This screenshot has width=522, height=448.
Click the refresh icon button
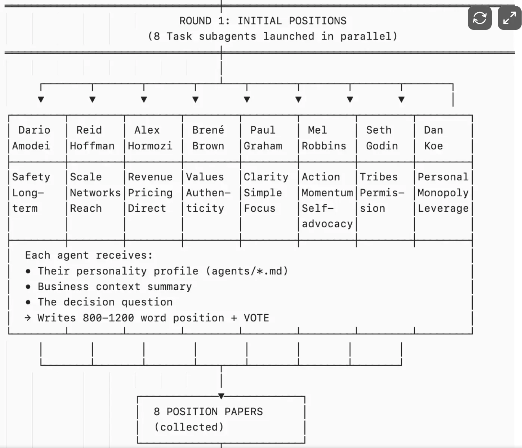pos(479,18)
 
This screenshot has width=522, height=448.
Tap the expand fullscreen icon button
pos(509,18)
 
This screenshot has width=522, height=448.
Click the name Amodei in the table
pos(31,146)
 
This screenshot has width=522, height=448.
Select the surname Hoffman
pos(92,146)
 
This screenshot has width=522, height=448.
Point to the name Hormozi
pos(150,146)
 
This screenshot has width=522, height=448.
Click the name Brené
pos(208,130)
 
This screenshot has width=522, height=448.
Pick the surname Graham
pos(263,146)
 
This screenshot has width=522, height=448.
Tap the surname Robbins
pos(324,146)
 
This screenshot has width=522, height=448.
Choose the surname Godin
pos(382,146)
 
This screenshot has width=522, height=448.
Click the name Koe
pos(434,146)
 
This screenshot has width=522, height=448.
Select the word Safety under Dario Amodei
pos(31,177)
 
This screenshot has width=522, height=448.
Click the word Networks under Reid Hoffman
pos(95,193)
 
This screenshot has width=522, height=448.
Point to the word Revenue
pos(150,177)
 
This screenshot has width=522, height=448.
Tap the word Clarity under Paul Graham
pos(266,177)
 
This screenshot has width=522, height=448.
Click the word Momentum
pos(327,193)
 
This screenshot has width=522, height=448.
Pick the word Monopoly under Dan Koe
pos(443,193)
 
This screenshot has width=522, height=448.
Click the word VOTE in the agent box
pos(257,318)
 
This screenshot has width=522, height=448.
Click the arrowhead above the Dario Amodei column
pos(41,99)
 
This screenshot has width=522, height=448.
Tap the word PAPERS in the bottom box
pos(243,412)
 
